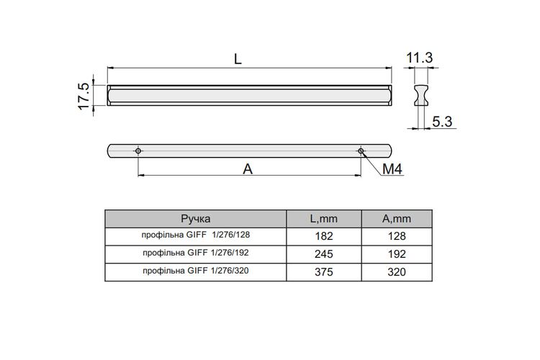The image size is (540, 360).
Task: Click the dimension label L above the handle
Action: coord(238,59)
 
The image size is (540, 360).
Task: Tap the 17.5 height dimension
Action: coord(84,96)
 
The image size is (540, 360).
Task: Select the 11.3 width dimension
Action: coord(420,58)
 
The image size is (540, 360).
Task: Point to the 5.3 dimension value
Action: coord(442,122)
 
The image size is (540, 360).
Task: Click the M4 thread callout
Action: coord(392,169)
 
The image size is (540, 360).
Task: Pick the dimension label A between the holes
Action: coord(248,169)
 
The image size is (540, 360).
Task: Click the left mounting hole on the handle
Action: coord(138,151)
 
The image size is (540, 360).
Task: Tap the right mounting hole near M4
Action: coord(361,151)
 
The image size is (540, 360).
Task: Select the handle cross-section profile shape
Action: coord(421,96)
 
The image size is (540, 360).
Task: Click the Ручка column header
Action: coord(196,219)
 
